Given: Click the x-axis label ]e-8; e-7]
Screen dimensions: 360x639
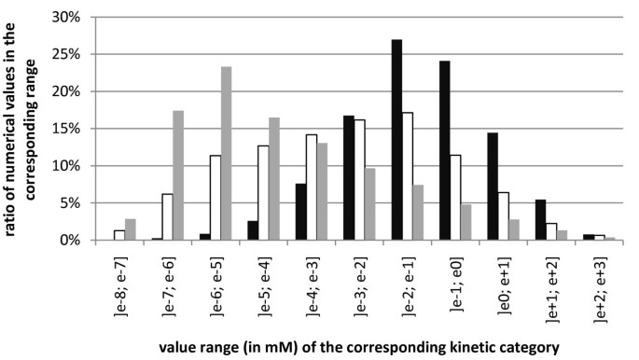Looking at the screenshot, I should (119, 282).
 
